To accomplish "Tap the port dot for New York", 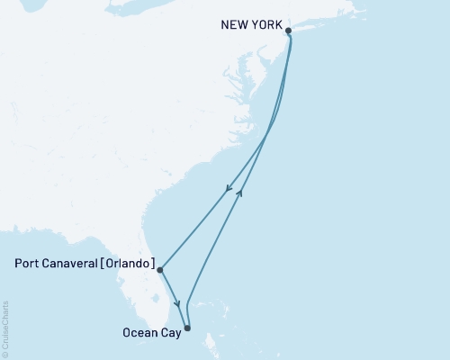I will pos(289,31).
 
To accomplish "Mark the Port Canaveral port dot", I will pos(159,269).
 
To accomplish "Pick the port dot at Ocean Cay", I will pos(187,328).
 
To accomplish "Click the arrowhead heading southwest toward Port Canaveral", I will pos(229,189).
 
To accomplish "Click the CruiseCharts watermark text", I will pos(5,329).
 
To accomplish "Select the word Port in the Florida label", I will pos(28,265).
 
